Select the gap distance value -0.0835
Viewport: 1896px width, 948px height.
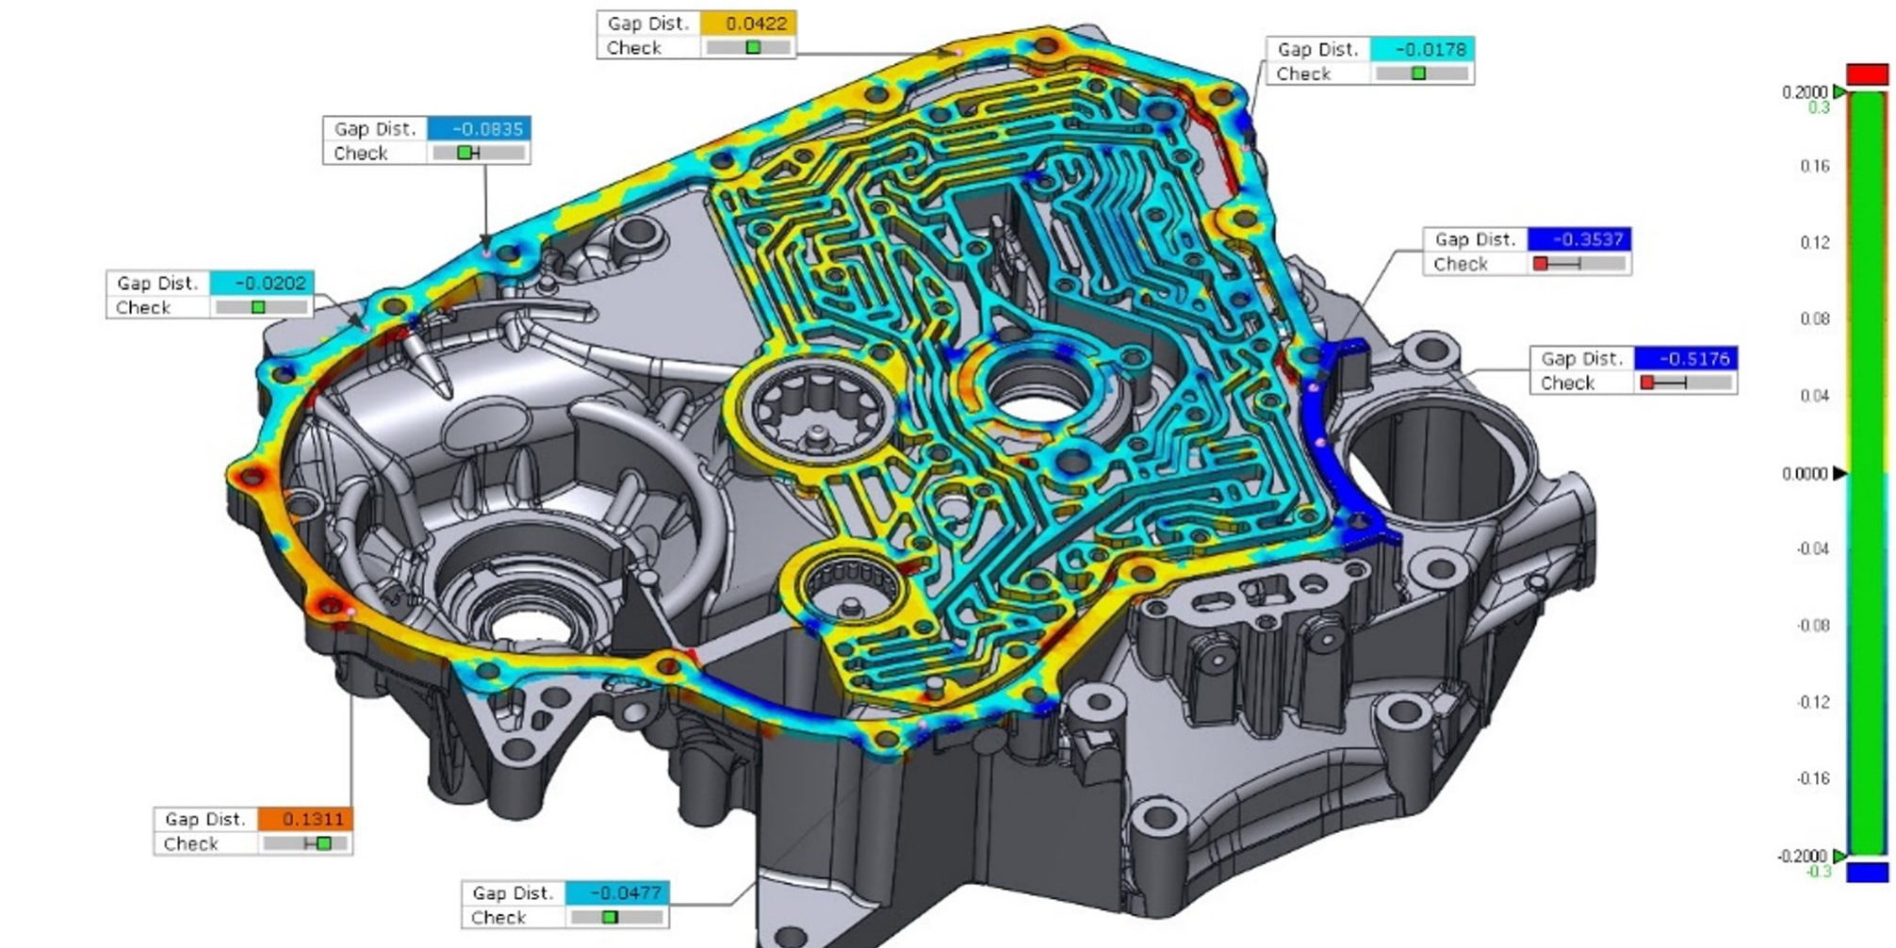(x=479, y=128)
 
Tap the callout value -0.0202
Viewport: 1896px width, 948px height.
(x=262, y=283)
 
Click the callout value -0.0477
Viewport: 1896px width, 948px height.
(x=617, y=892)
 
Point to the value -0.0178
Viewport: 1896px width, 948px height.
(x=1422, y=49)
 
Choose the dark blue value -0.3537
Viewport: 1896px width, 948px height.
(x=1579, y=239)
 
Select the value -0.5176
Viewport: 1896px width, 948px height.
(x=1686, y=358)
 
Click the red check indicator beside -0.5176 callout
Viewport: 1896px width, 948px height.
(x=1647, y=383)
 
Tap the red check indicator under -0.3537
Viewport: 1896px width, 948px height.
(x=1540, y=264)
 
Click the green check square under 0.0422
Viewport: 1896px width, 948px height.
(x=753, y=47)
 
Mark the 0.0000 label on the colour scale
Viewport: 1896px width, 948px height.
(x=1804, y=473)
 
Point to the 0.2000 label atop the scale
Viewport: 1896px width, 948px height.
(x=1804, y=91)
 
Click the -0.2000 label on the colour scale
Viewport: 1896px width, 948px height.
(x=1801, y=856)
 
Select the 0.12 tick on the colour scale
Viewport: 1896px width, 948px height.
(x=1814, y=242)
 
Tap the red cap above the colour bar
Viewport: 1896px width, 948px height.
(x=1867, y=74)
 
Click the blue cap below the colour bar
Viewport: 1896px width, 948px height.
(x=1867, y=873)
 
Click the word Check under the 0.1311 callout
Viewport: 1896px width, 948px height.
(x=190, y=843)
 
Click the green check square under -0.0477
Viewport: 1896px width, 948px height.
(x=610, y=917)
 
